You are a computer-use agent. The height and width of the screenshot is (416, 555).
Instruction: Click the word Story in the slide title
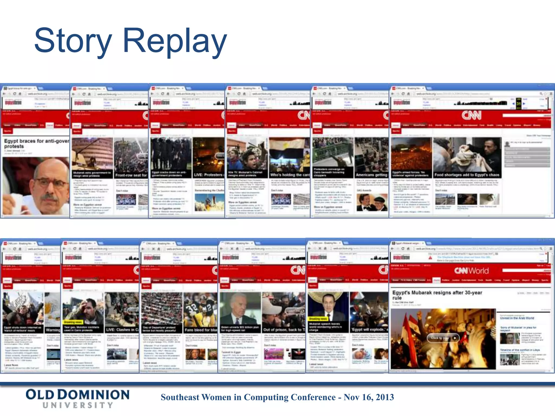point(73,41)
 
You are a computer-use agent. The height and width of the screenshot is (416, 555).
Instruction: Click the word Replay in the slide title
point(175,41)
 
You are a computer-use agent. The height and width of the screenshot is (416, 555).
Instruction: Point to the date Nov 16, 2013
point(369,397)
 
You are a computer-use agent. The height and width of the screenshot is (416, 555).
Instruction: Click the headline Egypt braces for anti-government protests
point(36,144)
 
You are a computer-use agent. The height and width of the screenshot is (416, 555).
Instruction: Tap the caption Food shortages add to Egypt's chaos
point(467,175)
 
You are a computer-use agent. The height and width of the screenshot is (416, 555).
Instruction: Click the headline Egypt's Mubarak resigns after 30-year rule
point(437,295)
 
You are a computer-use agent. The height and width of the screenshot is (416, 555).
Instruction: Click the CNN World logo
point(472,271)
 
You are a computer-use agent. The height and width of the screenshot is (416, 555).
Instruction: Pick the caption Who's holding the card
point(290,175)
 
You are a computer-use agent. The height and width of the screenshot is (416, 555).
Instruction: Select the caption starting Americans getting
point(372,175)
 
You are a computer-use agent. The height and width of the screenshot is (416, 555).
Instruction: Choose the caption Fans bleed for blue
point(201,330)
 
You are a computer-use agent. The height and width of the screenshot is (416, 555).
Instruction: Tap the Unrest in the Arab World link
point(517,318)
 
